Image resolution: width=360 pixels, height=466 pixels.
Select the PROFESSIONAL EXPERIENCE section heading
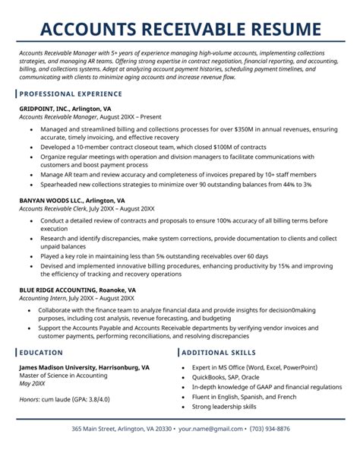[x=71, y=95]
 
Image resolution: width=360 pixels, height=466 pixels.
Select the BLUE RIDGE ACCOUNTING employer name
[x=65, y=290]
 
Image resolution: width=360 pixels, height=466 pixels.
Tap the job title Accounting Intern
[x=45, y=299]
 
